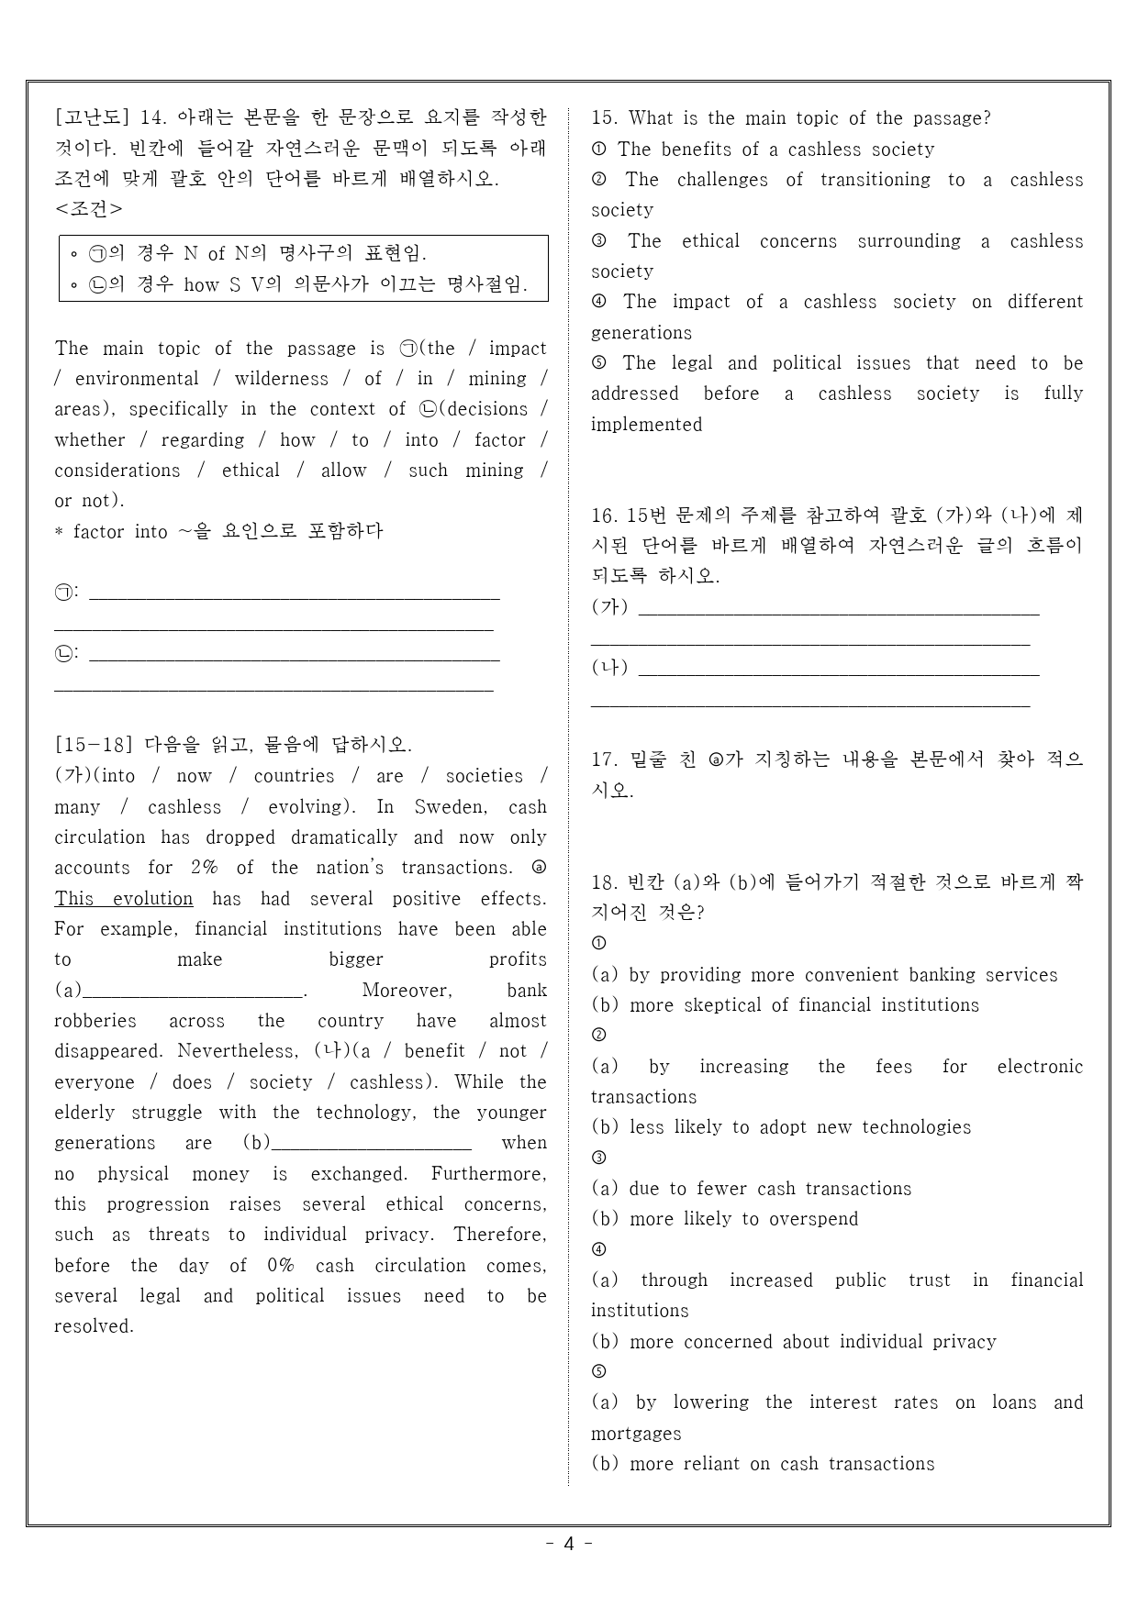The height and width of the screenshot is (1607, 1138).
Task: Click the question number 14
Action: coord(153,118)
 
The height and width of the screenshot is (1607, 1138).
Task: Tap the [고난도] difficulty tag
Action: coord(94,118)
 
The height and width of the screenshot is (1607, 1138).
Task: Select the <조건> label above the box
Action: coord(88,209)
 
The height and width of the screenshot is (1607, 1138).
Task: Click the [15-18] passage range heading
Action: coord(94,745)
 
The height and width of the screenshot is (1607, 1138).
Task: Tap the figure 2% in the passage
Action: coord(204,868)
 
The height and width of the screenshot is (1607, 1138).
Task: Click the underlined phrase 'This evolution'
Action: coord(124,899)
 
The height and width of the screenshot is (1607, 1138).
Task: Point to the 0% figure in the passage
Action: coord(280,1266)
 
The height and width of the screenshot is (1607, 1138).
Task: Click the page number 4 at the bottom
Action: coord(568,1544)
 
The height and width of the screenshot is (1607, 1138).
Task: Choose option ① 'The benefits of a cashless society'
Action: coord(775,150)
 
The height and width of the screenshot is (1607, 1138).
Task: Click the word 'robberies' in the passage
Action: coord(95,1021)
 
